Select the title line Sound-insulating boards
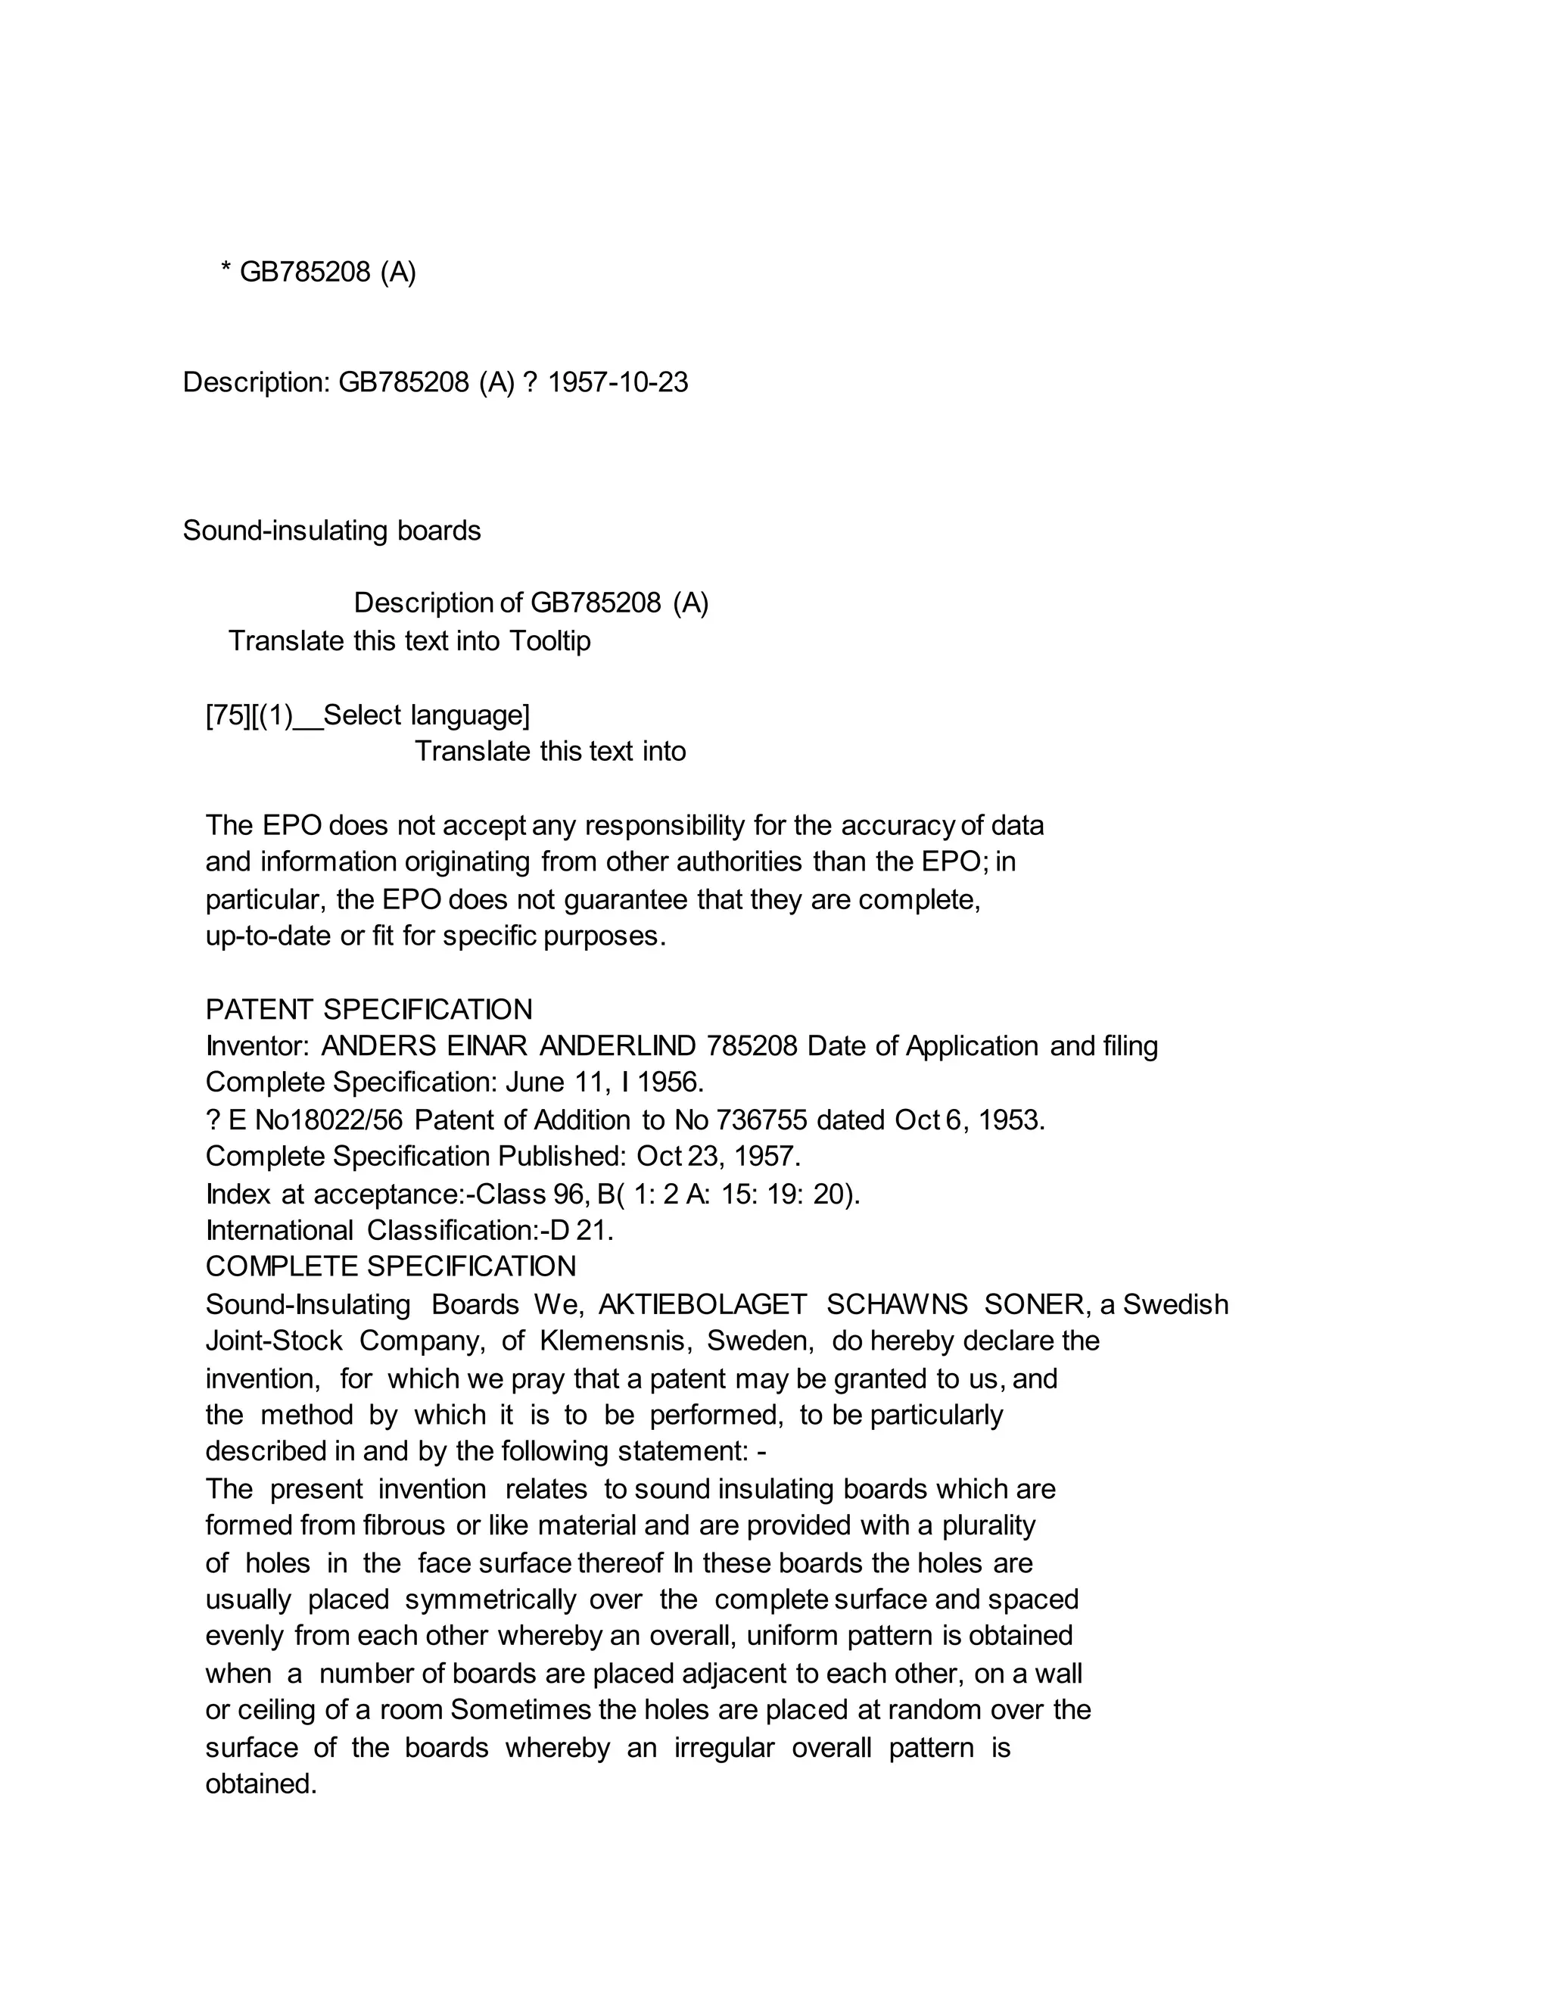pos(331,531)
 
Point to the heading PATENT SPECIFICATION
pos(369,1009)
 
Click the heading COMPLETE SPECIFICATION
pos(391,1266)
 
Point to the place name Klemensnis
pos(615,1341)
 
